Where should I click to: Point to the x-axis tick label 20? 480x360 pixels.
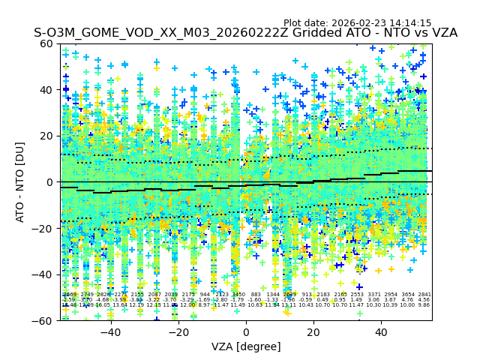pos(313,332)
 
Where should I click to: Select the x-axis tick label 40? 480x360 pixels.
pos(381,332)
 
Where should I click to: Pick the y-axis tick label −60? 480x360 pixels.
pos(45,320)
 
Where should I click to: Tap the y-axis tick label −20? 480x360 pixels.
pos(45,228)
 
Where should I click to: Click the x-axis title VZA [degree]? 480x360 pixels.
pos(246,346)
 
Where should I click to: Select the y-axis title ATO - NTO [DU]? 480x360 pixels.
pos(21,181)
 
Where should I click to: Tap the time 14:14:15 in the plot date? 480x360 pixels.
pos(411,23)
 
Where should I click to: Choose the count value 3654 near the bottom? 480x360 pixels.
pos(408,295)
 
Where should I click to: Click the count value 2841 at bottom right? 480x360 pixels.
pos(424,295)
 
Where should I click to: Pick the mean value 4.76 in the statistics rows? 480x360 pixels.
pos(408,300)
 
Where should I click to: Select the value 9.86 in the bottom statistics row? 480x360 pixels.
pos(424,305)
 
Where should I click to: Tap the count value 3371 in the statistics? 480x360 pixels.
pos(374,295)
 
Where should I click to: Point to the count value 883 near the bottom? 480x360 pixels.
pos(256,295)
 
